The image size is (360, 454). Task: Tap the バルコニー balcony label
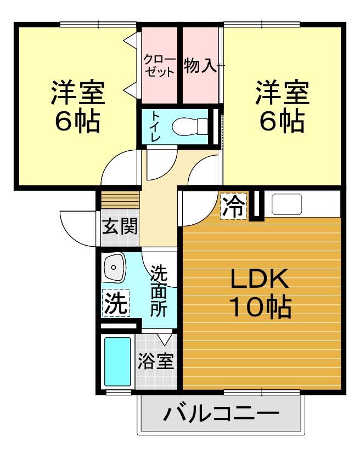pos(221,413)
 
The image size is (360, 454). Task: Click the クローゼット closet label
pos(160,65)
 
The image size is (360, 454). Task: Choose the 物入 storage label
pos(200,65)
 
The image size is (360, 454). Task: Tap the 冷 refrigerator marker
pos(234,207)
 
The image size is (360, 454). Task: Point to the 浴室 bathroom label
pos(156,362)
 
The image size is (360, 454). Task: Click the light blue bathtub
pos(117,362)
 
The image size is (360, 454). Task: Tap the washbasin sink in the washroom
pos(114,268)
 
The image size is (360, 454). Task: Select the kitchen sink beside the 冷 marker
pos(287,205)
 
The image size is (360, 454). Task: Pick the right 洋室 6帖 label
pos(282,106)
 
